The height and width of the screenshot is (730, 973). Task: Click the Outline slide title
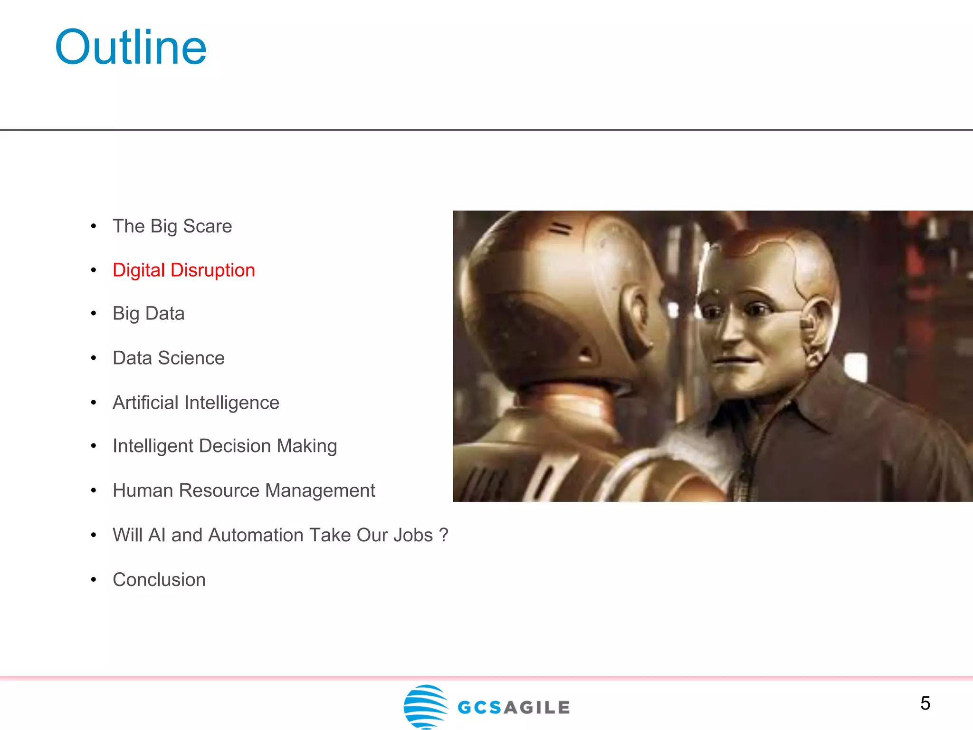[131, 48]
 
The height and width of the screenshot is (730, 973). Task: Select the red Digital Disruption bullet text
[184, 270]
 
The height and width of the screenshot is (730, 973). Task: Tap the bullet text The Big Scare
[172, 226]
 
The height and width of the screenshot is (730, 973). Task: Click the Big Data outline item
[148, 314]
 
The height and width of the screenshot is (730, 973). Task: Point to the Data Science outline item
[169, 358]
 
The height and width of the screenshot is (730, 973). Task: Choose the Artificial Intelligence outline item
[196, 403]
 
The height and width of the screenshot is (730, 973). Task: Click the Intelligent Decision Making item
[225, 446]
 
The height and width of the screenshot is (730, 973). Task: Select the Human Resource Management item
[244, 490]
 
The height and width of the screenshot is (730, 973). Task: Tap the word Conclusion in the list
[159, 580]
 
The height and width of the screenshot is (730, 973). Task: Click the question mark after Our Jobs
[444, 535]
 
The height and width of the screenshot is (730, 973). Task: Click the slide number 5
[925, 703]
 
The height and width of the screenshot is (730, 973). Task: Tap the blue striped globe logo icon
[425, 706]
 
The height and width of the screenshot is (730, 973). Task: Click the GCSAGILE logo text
[514, 708]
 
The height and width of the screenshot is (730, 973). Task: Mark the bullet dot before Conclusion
[94, 580]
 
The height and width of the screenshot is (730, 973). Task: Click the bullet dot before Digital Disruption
[94, 270]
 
